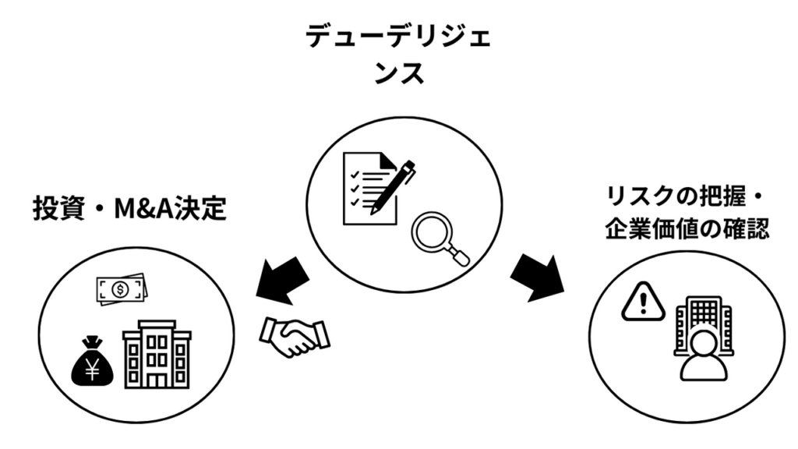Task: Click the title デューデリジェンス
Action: click(398, 55)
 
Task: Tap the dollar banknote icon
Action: click(120, 291)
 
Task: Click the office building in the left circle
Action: click(157, 355)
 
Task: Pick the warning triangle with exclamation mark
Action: click(643, 301)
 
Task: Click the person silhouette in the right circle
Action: click(703, 357)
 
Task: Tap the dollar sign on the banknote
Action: click(120, 291)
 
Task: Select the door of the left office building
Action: click(157, 380)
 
